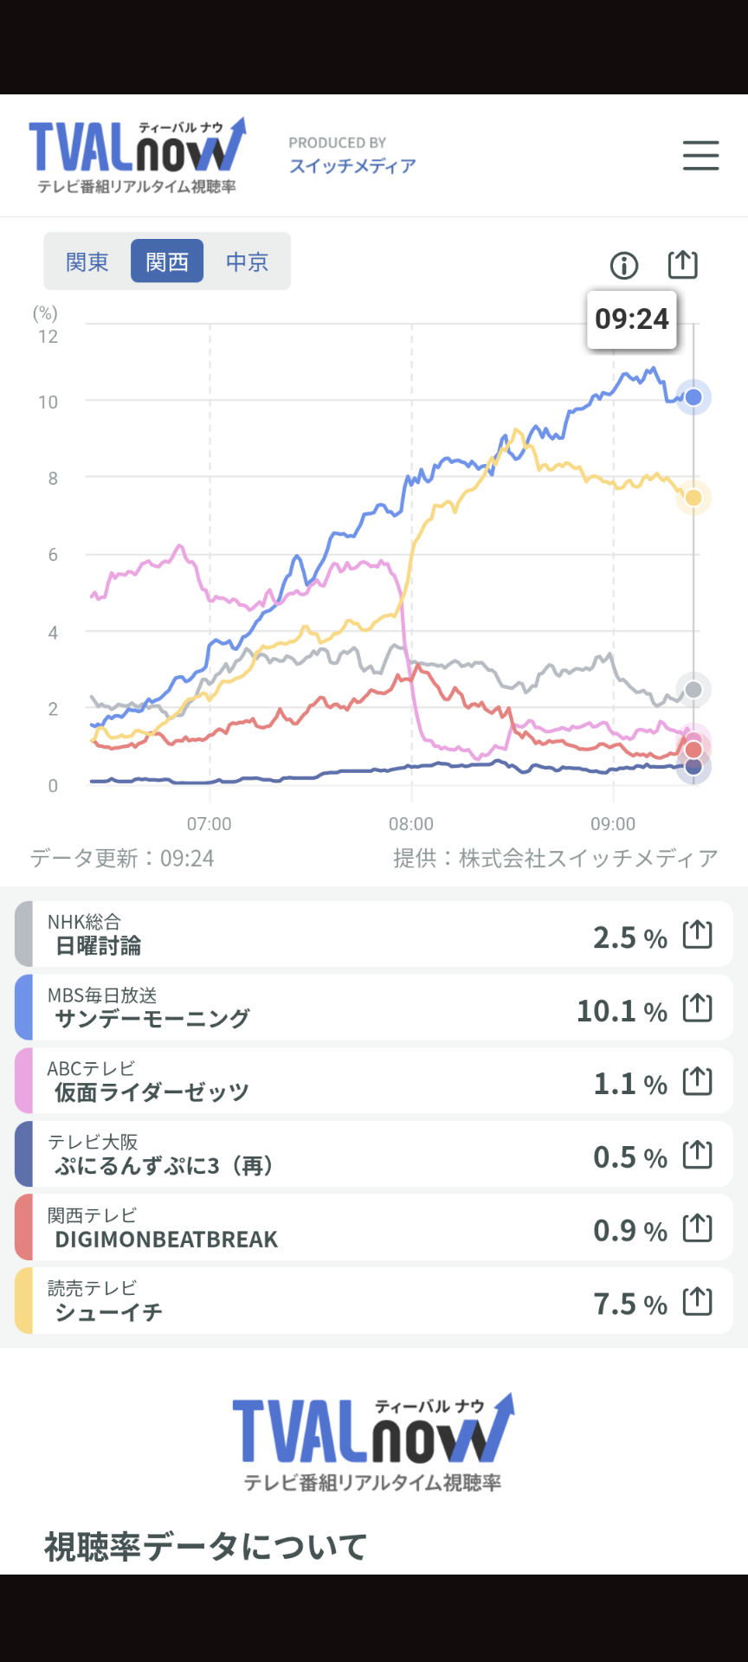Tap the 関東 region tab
tap(87, 261)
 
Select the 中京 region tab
tap(247, 261)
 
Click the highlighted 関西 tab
tap(167, 261)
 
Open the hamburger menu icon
tap(700, 156)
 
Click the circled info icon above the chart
tap(624, 265)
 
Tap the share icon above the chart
tap(683, 263)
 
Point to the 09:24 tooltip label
tap(632, 319)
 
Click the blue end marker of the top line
tap(693, 397)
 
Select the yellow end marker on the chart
tap(693, 498)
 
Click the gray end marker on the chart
tap(693, 690)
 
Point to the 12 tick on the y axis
tap(48, 337)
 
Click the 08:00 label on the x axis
tap(411, 824)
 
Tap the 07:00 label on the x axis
tap(210, 824)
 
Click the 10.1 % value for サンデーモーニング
tap(622, 1010)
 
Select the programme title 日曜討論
tap(98, 946)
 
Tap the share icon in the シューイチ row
tap(698, 1300)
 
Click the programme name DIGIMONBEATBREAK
tap(166, 1240)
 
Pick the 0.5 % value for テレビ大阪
tap(630, 1157)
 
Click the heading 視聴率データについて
tap(206, 1547)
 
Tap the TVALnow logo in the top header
tap(138, 155)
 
